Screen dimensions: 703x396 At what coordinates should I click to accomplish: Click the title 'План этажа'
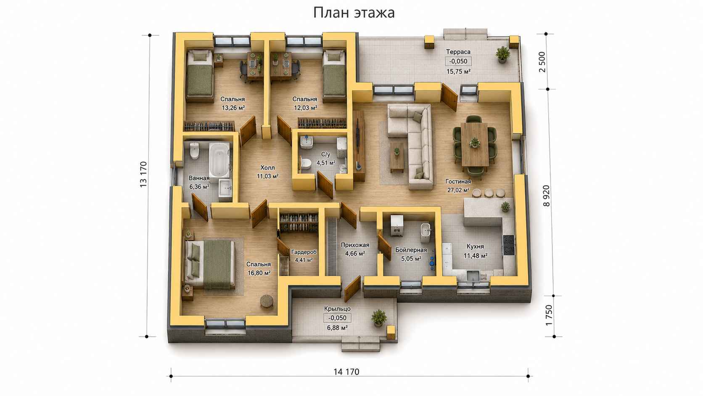(354, 13)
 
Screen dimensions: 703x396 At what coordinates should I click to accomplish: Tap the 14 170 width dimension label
(346, 372)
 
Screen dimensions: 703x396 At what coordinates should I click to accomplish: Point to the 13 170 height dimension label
(143, 175)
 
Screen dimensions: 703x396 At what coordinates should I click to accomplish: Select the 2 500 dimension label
(542, 62)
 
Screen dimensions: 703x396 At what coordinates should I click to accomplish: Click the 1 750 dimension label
(549, 315)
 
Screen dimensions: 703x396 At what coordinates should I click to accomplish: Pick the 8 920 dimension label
(547, 196)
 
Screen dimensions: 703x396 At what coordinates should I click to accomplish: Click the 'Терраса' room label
(458, 52)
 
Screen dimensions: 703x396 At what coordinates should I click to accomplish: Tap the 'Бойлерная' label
(411, 250)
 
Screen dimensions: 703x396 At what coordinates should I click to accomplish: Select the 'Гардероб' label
(304, 252)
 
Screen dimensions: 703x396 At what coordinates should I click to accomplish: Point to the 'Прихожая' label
(355, 245)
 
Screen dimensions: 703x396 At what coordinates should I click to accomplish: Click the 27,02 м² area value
(458, 190)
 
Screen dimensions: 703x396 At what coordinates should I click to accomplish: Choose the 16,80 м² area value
(259, 273)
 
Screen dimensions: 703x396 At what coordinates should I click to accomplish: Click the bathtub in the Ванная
(219, 160)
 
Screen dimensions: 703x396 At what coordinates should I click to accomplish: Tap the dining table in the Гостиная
(475, 144)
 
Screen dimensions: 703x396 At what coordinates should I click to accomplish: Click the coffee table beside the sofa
(397, 157)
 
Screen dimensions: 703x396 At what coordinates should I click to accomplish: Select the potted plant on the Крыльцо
(378, 318)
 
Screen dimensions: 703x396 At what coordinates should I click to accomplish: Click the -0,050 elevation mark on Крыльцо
(337, 318)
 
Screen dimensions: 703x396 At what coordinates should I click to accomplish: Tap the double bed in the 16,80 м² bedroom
(210, 264)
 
